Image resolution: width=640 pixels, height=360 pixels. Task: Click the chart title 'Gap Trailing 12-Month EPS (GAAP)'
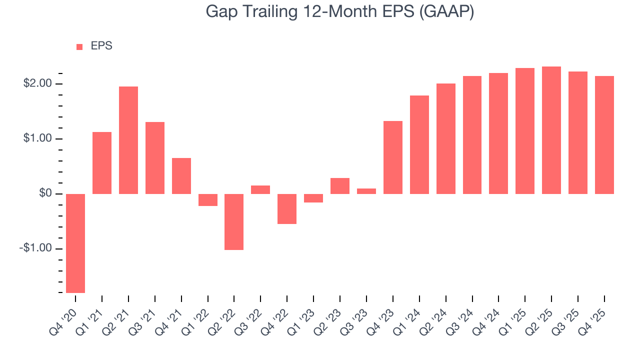coord(339,12)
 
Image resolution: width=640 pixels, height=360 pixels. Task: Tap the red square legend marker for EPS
coord(79,46)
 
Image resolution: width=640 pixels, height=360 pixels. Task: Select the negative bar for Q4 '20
coord(75,243)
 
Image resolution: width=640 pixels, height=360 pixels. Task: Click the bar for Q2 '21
coord(128,140)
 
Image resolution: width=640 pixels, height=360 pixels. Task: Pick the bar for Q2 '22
coord(234,221)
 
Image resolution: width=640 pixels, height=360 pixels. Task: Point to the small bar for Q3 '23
coord(366,191)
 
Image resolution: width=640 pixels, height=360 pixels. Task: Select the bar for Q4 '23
coord(393,157)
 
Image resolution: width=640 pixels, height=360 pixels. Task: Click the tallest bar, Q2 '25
coord(551,130)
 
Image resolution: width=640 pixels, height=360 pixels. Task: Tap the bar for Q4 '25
coord(604,135)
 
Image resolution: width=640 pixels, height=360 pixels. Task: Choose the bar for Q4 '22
coord(287,208)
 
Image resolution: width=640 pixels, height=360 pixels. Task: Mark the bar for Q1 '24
coord(419,144)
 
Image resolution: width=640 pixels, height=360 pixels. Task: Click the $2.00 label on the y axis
coord(37,83)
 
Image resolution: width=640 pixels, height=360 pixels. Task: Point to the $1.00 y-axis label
coord(37,138)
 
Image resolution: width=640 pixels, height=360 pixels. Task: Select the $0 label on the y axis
coord(45,193)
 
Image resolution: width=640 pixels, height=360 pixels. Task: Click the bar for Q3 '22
coord(260,189)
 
